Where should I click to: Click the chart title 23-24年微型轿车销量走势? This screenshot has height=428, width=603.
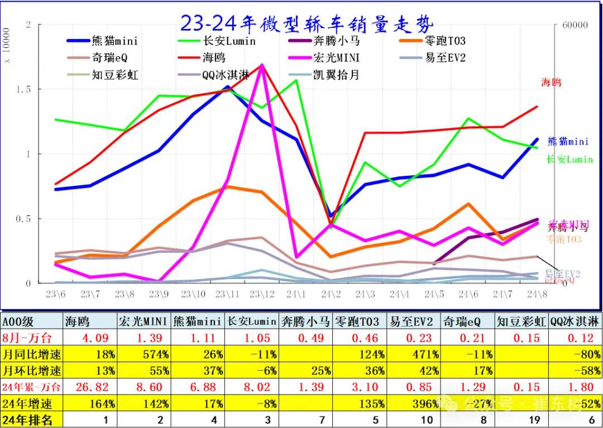(x=306, y=23)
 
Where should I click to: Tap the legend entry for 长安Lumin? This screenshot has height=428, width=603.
(x=229, y=41)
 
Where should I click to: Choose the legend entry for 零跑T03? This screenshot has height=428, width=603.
(x=444, y=41)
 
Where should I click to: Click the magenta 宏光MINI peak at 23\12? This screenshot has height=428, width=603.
(x=262, y=65)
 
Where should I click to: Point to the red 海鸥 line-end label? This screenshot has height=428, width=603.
(x=551, y=83)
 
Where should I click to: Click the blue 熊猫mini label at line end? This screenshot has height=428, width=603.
(x=567, y=141)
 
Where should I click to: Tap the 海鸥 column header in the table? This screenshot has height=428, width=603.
(x=78, y=321)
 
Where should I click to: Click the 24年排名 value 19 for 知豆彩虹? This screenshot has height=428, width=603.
(x=534, y=420)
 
